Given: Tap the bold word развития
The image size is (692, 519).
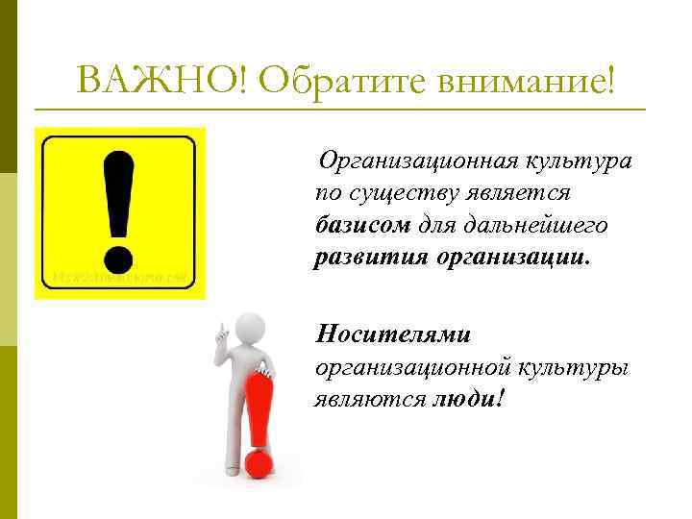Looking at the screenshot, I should tap(372, 259).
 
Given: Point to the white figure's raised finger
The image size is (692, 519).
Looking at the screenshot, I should tap(218, 328).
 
